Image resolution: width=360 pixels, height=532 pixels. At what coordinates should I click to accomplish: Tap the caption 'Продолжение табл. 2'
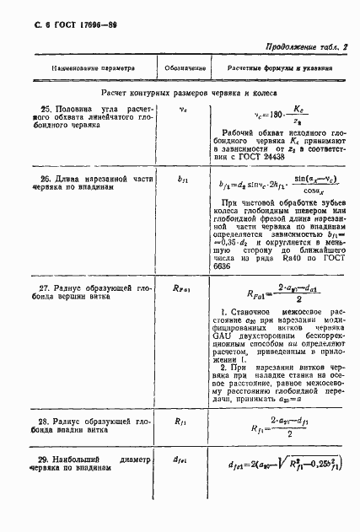point(307,48)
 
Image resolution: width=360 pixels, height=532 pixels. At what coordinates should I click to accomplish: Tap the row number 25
point(47,109)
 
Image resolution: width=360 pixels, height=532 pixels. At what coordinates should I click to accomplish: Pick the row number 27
point(47,288)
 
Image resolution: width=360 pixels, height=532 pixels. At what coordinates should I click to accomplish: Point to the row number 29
point(47,459)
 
